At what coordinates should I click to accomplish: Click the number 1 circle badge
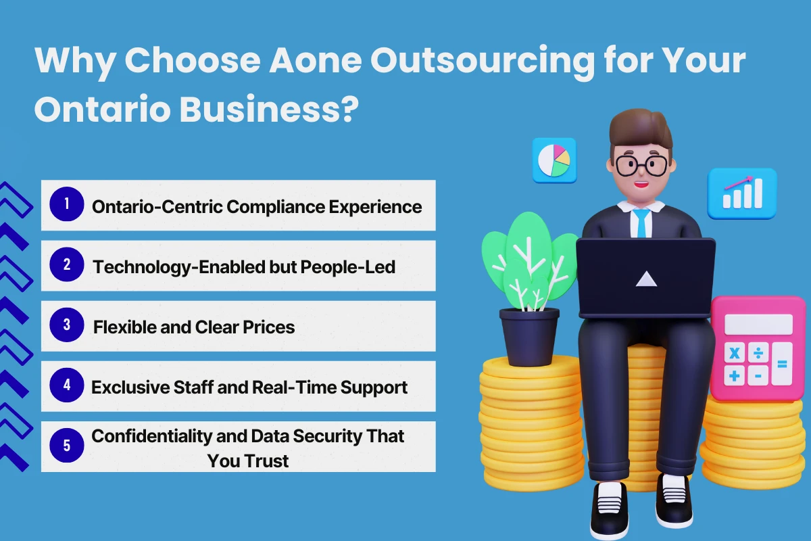(x=67, y=204)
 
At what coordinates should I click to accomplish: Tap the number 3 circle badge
(x=67, y=325)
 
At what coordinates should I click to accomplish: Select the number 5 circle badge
(x=67, y=446)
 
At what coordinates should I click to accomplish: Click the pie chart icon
(x=554, y=160)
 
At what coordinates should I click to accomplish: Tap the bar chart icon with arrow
(x=742, y=193)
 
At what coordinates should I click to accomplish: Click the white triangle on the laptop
(x=647, y=278)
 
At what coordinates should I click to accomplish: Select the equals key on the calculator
(x=782, y=364)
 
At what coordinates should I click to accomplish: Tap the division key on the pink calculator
(x=758, y=353)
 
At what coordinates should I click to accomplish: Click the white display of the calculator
(x=758, y=324)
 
